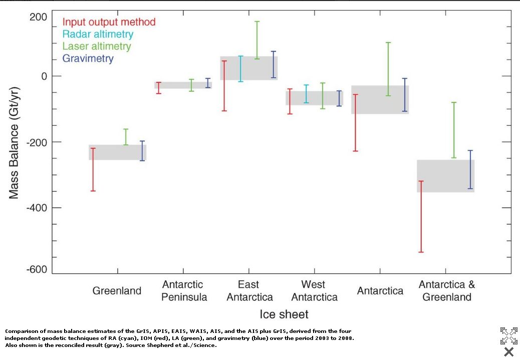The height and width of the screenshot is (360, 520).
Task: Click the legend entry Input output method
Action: (109, 22)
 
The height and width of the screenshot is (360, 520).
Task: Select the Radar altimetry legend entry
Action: (98, 34)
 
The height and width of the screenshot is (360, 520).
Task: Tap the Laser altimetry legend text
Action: (96, 46)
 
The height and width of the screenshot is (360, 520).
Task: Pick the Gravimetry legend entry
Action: (88, 58)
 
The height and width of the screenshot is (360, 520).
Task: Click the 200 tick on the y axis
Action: (38, 18)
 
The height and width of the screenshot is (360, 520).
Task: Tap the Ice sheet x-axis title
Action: (284, 314)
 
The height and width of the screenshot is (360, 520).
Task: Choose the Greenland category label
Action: (117, 291)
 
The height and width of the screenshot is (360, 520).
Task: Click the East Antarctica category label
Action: (249, 291)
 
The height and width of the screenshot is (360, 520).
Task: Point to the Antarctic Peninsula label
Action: (184, 291)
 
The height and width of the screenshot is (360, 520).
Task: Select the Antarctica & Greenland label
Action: (447, 291)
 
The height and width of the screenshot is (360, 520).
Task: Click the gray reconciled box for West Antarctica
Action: (314, 98)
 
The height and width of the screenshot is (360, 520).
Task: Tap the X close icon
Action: (508, 351)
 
